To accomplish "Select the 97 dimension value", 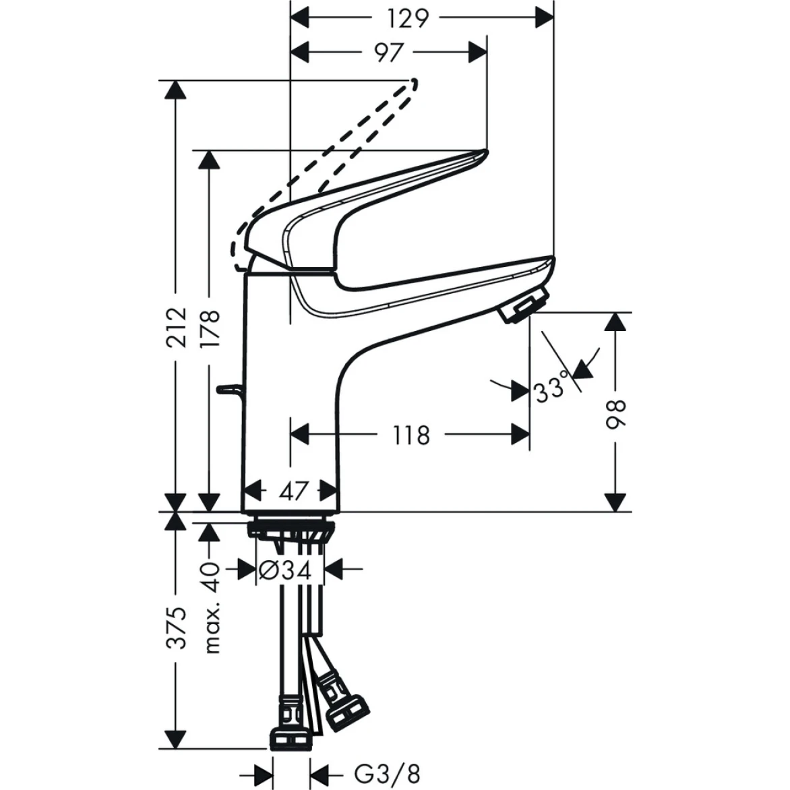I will point(388,53).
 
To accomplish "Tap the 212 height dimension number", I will point(177,328).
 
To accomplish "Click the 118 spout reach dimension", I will point(411,435).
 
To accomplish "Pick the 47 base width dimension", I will point(293,491).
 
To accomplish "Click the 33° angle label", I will point(552,390).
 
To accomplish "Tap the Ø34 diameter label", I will point(285,571).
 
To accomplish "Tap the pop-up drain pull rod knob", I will point(229,389).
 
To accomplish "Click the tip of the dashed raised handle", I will point(413,83).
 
